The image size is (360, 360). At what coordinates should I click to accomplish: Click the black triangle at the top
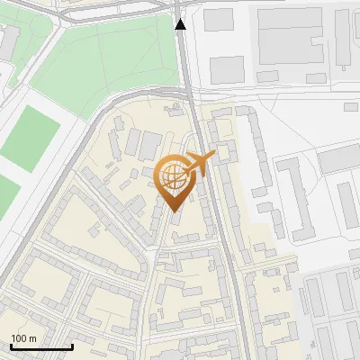pyautogui.click(x=181, y=25)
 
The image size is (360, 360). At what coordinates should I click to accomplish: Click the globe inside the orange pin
pyautogui.click(x=172, y=175)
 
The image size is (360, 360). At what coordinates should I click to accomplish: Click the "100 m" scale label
pyautogui.click(x=23, y=338)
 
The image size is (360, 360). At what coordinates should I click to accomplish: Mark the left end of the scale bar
pyautogui.click(x=11, y=346)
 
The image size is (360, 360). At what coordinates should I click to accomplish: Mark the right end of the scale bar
pyautogui.click(x=72, y=346)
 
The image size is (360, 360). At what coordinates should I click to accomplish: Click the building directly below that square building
pyautogui.click(x=227, y=68)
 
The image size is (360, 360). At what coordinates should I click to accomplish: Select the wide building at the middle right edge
pyautogui.click(x=340, y=159)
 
